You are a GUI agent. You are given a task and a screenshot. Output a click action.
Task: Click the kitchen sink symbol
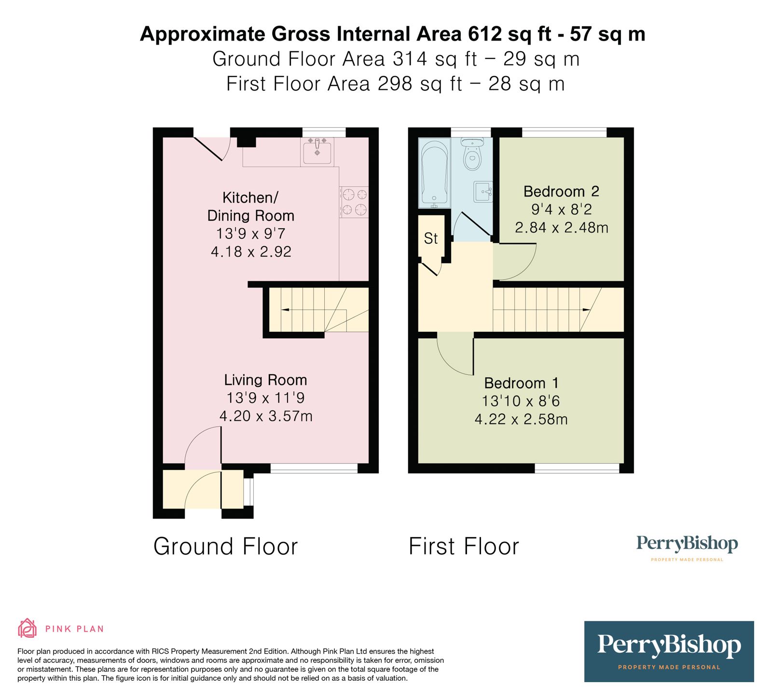pyautogui.click(x=317, y=151)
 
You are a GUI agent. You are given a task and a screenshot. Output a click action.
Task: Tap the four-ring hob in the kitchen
pyautogui.click(x=354, y=202)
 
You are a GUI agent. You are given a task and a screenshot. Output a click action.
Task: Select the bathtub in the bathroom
pyautogui.click(x=434, y=173)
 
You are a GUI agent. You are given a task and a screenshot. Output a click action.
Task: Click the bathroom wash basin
pyautogui.click(x=483, y=192)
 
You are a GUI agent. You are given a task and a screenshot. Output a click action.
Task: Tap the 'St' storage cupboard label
pyautogui.click(x=430, y=238)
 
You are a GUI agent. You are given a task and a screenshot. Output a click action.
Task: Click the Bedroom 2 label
pyautogui.click(x=561, y=192)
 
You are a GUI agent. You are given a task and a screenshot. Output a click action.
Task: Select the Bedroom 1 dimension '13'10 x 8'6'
pyautogui.click(x=521, y=401)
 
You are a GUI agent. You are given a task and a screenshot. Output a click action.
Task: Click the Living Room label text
pyautogui.click(x=265, y=380)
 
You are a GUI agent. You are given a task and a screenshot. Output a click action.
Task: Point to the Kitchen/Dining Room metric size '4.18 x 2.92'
pyautogui.click(x=251, y=252)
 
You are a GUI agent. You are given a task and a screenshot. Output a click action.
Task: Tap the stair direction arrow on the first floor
pyautogui.click(x=586, y=310)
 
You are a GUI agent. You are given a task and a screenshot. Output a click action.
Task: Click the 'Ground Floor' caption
pyautogui.click(x=225, y=547)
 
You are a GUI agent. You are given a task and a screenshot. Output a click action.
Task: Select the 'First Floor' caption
pyautogui.click(x=464, y=547)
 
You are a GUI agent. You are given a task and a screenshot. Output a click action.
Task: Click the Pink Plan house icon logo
pyautogui.click(x=28, y=628)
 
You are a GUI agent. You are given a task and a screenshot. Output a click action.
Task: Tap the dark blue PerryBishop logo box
pyautogui.click(x=669, y=651)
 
